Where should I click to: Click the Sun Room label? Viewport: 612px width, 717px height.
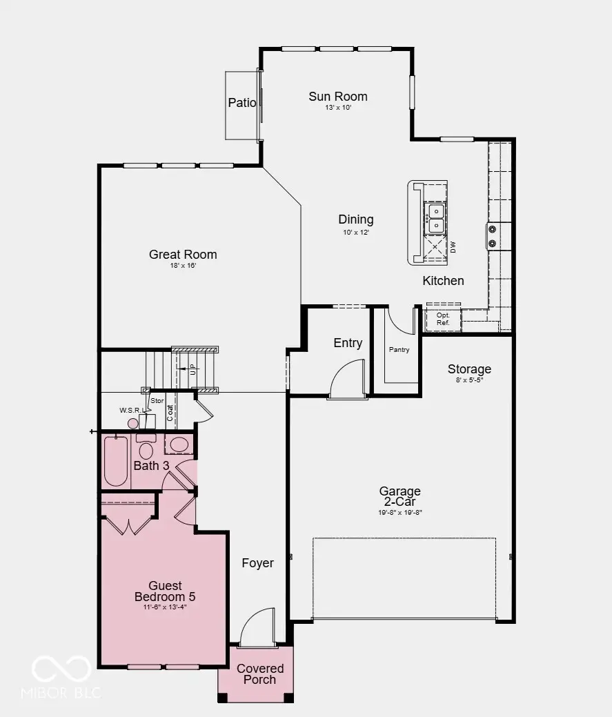337,97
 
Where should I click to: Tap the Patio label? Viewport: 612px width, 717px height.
242,103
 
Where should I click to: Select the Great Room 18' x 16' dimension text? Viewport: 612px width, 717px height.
183,266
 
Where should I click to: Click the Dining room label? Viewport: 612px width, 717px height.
355,219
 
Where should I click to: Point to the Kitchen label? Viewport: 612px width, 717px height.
443,281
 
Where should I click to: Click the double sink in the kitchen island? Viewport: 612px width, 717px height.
436,218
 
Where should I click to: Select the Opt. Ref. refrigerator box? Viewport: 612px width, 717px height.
443,319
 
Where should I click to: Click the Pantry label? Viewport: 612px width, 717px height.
399,350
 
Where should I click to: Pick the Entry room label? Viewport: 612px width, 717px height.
348,343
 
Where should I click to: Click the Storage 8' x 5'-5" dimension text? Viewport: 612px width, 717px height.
469,380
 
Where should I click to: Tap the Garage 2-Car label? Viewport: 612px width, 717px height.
399,496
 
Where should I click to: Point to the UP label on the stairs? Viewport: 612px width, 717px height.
193,369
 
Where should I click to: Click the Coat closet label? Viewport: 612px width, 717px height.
170,412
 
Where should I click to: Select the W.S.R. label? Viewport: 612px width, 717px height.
130,411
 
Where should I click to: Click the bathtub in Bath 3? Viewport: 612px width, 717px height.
116,462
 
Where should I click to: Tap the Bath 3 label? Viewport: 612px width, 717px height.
151,466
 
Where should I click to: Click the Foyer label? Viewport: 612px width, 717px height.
257,563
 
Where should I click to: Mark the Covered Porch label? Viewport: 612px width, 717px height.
260,674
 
